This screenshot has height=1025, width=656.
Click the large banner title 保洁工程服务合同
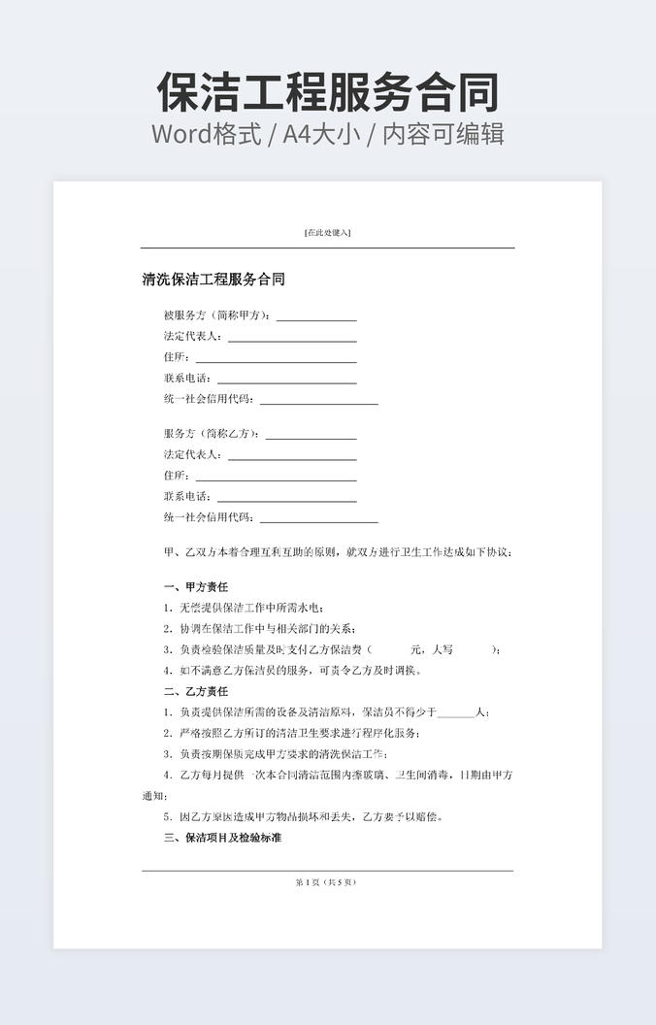pos(328,92)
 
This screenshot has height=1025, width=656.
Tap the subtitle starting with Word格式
pos(328,134)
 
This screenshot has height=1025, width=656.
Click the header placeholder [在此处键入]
pos(327,233)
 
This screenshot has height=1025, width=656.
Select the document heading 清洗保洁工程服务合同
pos(213,281)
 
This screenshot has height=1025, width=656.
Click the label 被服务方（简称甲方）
pos(219,315)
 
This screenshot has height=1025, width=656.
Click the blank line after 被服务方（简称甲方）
pos(316,316)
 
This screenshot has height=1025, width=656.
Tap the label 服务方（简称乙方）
pos(213,434)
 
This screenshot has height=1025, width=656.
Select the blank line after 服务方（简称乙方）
pos(311,435)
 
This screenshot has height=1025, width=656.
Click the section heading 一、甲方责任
pos(196,587)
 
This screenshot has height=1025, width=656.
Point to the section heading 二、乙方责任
pos(196,691)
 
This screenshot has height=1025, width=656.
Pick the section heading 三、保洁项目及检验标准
pos(222,837)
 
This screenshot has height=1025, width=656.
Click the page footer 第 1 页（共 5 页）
pos(327,882)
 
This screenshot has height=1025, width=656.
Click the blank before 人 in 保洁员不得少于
pos(456,712)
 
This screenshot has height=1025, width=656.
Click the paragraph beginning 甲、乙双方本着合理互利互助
pos(338,552)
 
